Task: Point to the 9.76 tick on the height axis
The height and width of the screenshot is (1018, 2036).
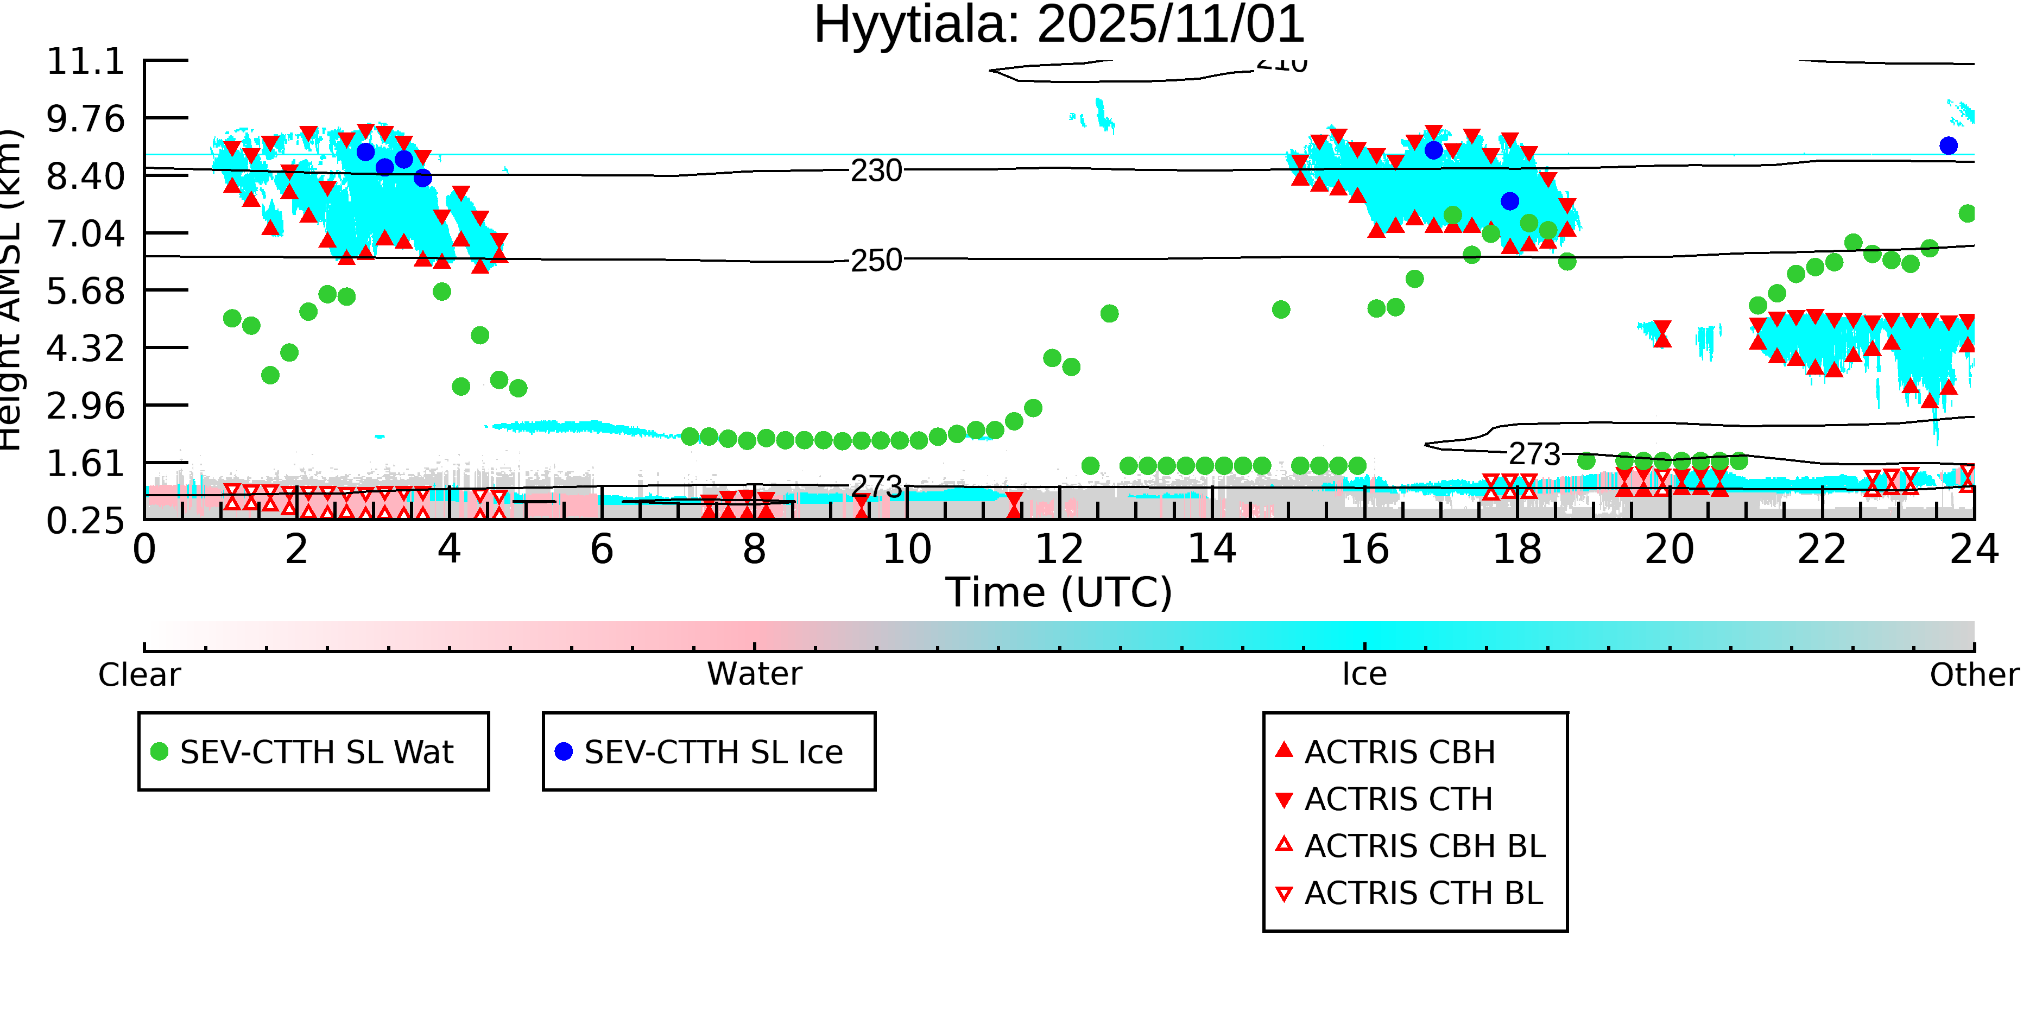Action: click(85, 118)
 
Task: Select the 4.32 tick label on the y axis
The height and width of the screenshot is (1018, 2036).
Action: click(85, 349)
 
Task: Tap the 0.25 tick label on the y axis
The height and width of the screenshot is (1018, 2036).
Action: click(85, 521)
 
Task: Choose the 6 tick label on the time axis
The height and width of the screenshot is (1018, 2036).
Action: click(602, 549)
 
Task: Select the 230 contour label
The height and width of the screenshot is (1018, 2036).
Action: click(876, 170)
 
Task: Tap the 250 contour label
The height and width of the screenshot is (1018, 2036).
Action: click(876, 260)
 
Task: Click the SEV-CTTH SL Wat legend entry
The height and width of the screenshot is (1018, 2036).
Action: click(316, 751)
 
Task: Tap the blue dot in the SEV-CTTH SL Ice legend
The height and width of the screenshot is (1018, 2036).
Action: click(564, 751)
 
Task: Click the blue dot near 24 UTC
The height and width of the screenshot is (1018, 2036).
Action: click(1948, 146)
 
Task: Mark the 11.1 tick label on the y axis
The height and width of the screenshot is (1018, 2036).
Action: click(85, 62)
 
